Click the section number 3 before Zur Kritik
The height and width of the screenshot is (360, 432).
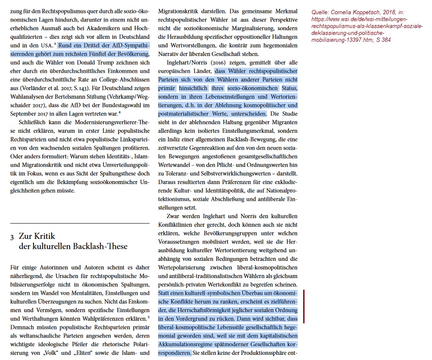click(12, 237)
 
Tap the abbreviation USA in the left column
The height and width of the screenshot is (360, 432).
click(46, 45)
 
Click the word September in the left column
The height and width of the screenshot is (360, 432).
click(25, 114)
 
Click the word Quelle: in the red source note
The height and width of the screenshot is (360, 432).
click(321, 13)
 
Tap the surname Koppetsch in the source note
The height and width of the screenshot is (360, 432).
click(370, 13)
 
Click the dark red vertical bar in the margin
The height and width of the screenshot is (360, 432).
click(304, 306)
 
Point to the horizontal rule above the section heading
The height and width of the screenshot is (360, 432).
click(80, 223)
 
